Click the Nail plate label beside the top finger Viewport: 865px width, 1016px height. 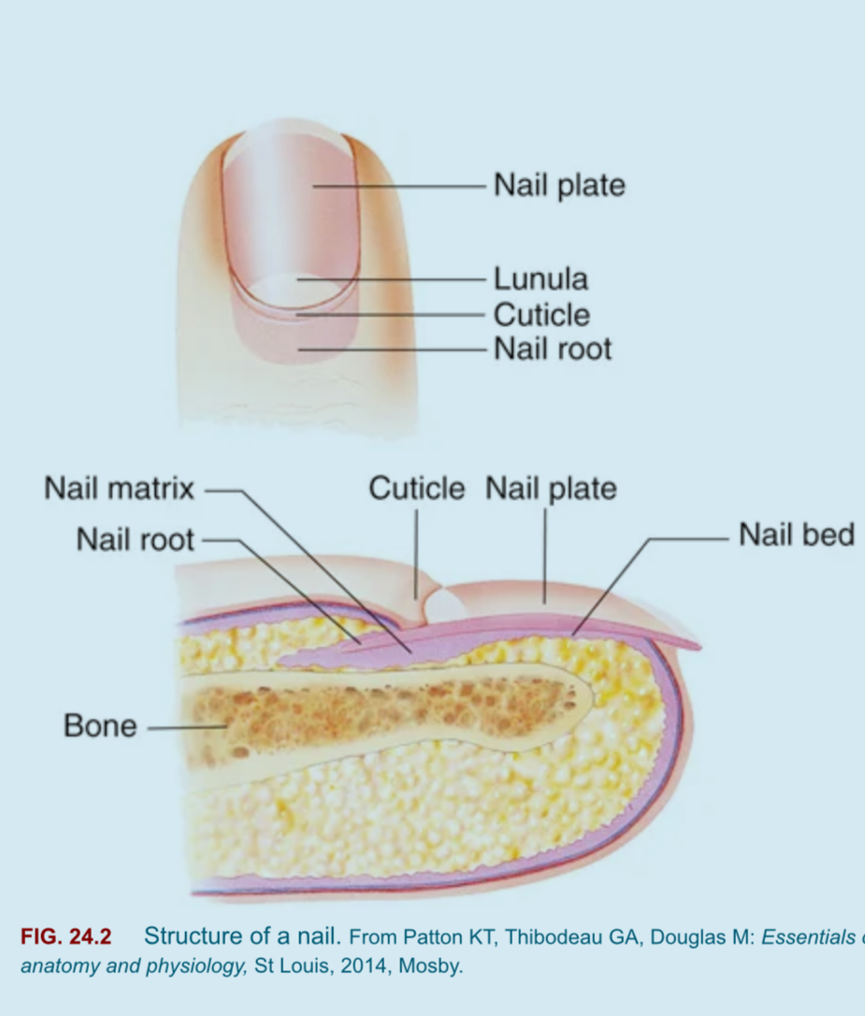click(x=559, y=185)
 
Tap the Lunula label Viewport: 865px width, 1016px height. click(x=541, y=279)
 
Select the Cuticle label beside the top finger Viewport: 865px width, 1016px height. click(x=541, y=315)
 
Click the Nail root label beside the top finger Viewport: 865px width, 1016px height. click(x=553, y=349)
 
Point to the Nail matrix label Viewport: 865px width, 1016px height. click(x=120, y=488)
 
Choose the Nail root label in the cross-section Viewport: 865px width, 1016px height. click(x=135, y=539)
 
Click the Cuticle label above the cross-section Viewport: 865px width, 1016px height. click(x=416, y=488)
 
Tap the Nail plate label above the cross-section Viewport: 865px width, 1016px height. click(x=551, y=489)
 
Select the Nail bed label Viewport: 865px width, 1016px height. click(x=796, y=536)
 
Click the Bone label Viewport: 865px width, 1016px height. click(x=100, y=725)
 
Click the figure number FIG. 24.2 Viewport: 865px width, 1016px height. click(x=66, y=937)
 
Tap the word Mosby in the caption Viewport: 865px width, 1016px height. click(x=430, y=966)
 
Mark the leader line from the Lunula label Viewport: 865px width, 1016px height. click(x=391, y=279)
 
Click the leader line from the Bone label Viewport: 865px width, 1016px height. click(x=187, y=728)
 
